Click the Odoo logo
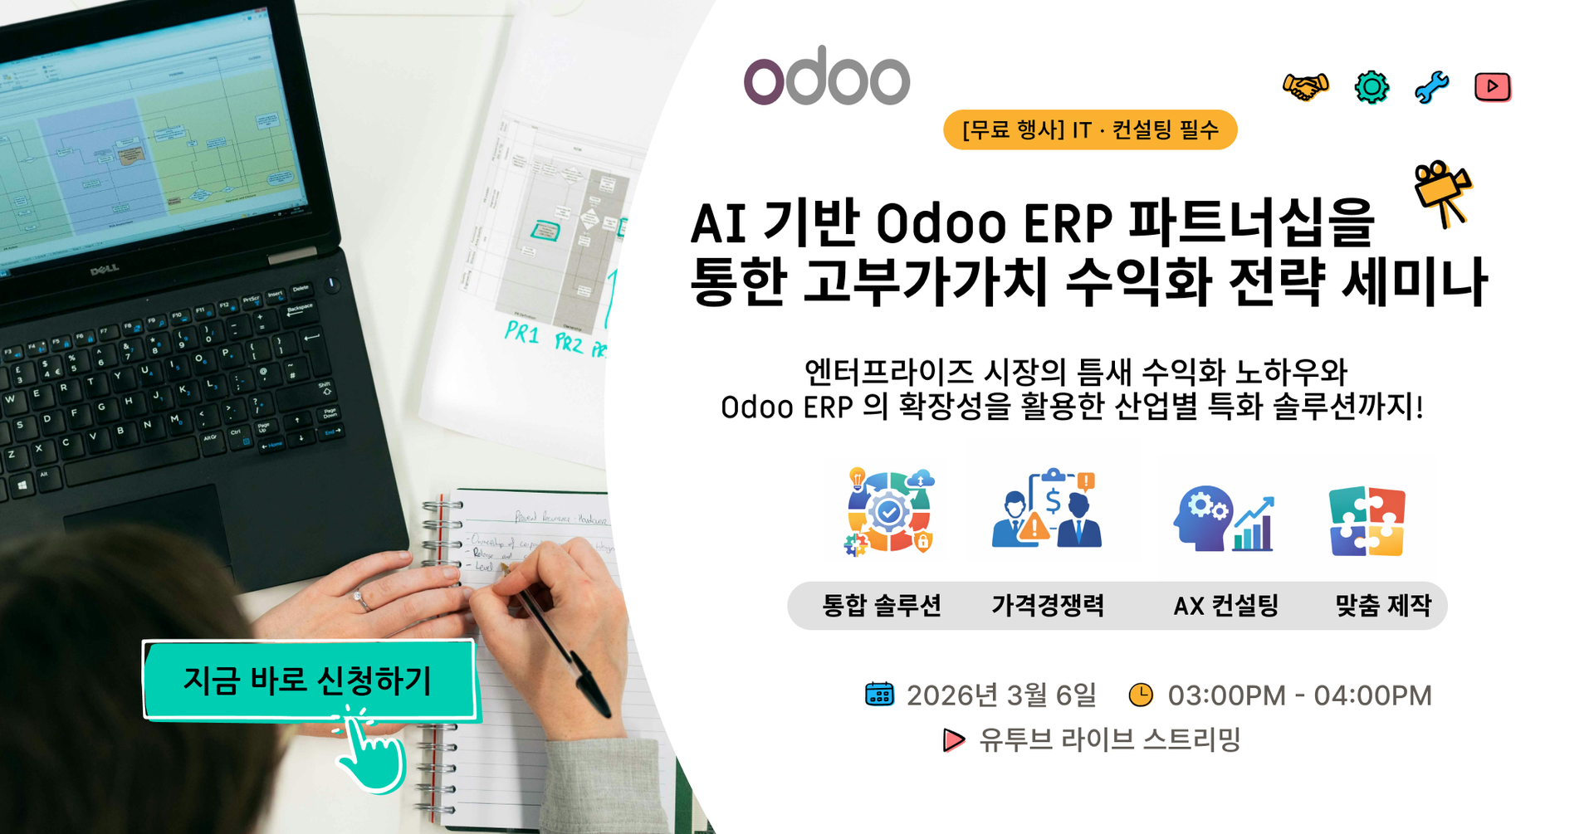tap(826, 76)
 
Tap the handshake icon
tap(1305, 86)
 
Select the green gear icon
tap(1372, 86)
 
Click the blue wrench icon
tap(1431, 86)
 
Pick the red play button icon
tap(1492, 86)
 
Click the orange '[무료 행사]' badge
tap(1089, 129)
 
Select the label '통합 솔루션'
tap(882, 606)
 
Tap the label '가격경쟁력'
tap(1048, 606)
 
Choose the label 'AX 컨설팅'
tap(1225, 606)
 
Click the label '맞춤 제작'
tap(1383, 606)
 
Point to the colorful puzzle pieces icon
tap(1367, 521)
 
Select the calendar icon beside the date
tap(879, 695)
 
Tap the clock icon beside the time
tap(1141, 695)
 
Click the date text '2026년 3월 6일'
tap(1001, 695)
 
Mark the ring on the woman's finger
tap(362, 600)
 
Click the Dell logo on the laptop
tap(105, 270)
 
